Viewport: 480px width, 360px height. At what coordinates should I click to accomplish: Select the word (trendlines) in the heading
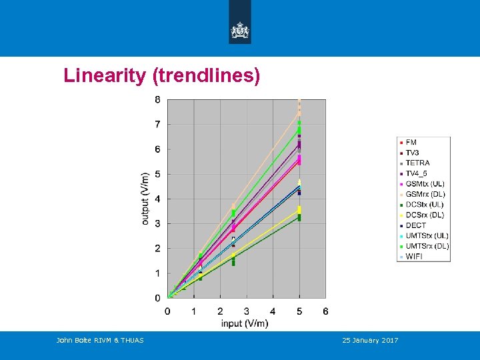[206, 76]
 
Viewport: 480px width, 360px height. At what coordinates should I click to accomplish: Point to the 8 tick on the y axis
[157, 100]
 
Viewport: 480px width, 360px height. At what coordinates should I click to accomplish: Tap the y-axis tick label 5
[157, 174]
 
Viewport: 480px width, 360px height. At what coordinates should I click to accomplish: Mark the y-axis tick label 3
[157, 223]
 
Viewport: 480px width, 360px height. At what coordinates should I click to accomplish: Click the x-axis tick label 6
[325, 311]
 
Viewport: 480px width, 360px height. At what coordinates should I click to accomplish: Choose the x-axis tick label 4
[273, 311]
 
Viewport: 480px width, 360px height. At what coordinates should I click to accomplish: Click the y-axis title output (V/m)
[145, 199]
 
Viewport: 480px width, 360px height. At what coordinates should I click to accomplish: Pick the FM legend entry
[411, 143]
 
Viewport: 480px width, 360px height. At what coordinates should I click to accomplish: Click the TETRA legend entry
[417, 163]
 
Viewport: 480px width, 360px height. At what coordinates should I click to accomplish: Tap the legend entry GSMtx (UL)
[425, 184]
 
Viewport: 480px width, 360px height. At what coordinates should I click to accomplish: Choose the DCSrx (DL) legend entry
[425, 215]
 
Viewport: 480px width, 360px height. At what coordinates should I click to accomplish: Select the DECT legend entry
[415, 225]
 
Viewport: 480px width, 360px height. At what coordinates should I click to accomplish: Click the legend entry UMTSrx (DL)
[427, 246]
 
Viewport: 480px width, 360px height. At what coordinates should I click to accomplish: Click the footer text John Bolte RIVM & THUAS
[100, 341]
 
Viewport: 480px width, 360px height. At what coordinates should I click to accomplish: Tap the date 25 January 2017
[370, 341]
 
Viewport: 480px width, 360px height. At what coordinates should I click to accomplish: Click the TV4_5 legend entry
[417, 173]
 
